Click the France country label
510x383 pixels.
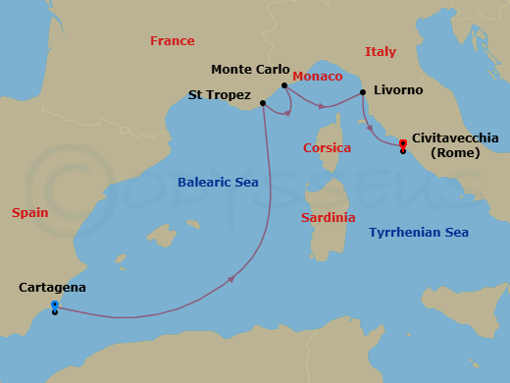tap(172, 41)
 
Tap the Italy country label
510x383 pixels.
tap(380, 51)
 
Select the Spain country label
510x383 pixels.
tap(29, 212)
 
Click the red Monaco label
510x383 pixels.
tap(318, 77)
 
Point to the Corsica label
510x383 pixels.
tap(327, 148)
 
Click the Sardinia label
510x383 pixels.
tap(328, 218)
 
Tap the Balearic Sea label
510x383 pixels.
tap(217, 183)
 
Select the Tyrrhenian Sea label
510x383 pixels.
tap(419, 233)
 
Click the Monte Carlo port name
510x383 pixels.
tap(250, 70)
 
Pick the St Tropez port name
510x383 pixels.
tap(219, 96)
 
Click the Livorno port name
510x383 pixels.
tap(398, 90)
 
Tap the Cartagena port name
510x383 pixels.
tap(52, 288)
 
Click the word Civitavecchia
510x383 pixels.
tap(455, 138)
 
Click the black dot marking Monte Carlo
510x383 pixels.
tap(284, 85)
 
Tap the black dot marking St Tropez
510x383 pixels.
tap(262, 102)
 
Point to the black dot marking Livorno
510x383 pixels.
tap(363, 92)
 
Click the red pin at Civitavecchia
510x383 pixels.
tap(403, 143)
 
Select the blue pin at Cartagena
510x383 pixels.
tap(54, 304)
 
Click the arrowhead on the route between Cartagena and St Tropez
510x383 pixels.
tap(230, 280)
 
